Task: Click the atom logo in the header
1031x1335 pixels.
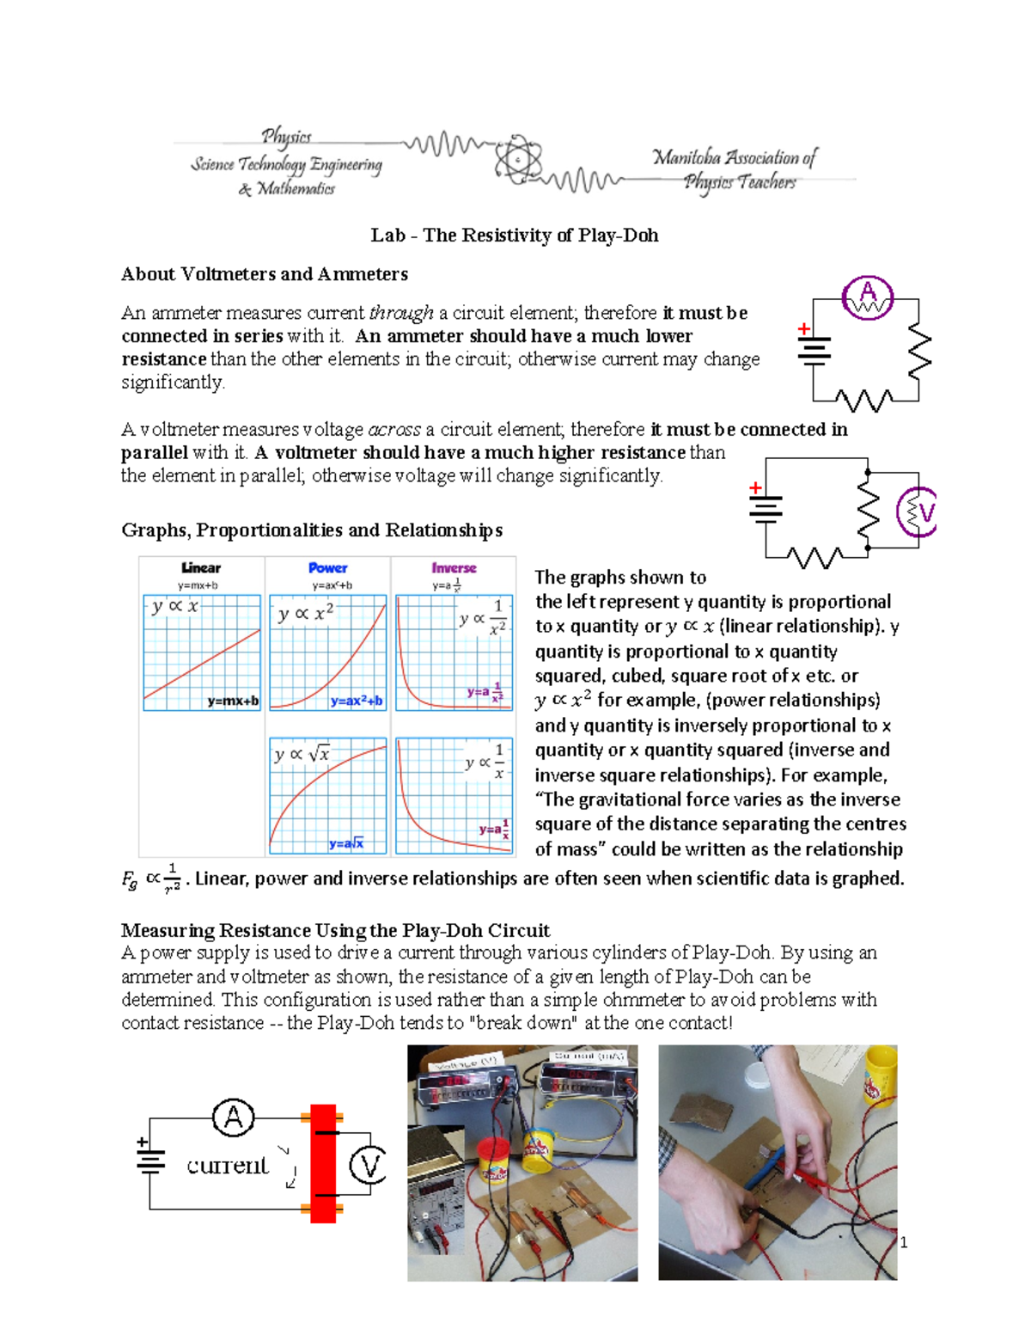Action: (518, 159)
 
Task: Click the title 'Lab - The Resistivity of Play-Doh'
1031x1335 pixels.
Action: (514, 236)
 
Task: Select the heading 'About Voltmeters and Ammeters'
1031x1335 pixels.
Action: (264, 274)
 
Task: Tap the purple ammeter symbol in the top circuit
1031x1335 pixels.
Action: (867, 297)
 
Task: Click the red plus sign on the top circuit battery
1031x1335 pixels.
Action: (803, 328)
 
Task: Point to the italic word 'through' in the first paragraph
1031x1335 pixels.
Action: (400, 313)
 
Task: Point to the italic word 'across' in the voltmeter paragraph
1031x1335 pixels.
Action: (393, 430)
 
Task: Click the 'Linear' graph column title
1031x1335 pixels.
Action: (201, 568)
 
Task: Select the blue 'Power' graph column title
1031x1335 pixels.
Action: (327, 568)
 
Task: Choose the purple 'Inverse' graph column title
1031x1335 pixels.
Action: (454, 568)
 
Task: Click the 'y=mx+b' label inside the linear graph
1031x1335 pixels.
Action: (232, 701)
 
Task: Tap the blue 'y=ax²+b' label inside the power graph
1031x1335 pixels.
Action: (357, 701)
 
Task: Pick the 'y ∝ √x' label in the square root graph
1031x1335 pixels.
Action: (301, 755)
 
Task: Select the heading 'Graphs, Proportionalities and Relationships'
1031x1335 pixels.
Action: (311, 530)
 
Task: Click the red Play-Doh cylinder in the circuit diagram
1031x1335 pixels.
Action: (323, 1163)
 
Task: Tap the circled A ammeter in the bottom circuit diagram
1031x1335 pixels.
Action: (233, 1118)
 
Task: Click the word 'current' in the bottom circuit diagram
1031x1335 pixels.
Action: (227, 1166)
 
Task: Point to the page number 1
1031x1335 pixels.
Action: (903, 1242)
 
